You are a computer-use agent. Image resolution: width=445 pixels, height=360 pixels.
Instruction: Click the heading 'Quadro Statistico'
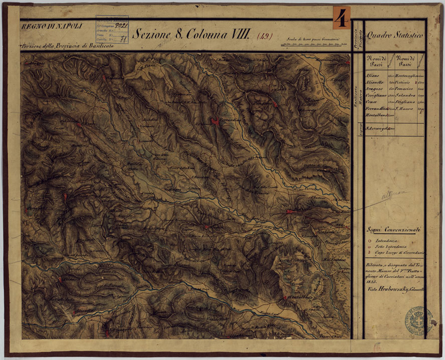pyautogui.click(x=395, y=36)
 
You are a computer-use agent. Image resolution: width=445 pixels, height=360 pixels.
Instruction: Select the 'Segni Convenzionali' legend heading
pyautogui.click(x=393, y=230)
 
